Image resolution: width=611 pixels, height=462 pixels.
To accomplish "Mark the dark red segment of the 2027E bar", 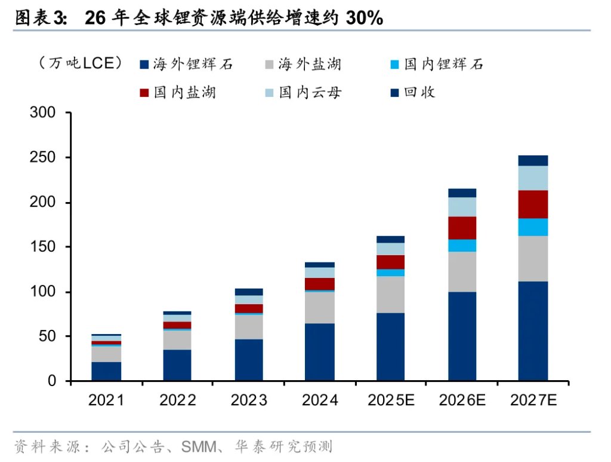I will pos(533,204).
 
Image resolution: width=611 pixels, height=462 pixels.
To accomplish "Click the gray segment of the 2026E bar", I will pos(462,271).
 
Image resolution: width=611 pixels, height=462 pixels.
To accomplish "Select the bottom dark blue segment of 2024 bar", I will pos(319,352).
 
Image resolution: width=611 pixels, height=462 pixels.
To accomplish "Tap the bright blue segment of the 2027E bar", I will pos(533,227).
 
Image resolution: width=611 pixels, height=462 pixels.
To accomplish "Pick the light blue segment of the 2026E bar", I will pos(462,207).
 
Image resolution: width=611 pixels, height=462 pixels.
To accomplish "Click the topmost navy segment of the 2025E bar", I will pos(390,239).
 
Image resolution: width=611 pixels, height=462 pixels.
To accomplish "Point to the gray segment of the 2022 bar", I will pos(177,339).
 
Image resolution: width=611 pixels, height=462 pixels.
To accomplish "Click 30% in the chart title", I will pos(364,18).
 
